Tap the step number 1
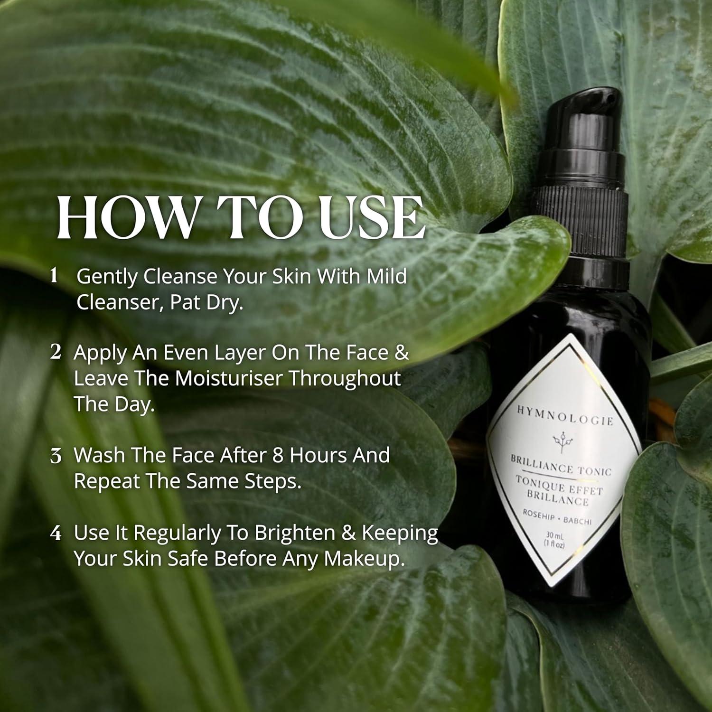point(54,275)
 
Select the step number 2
point(56,352)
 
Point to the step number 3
point(56,456)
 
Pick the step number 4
point(56,533)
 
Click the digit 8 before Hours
point(278,455)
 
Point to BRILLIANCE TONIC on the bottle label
point(561,466)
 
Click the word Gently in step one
point(107,276)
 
